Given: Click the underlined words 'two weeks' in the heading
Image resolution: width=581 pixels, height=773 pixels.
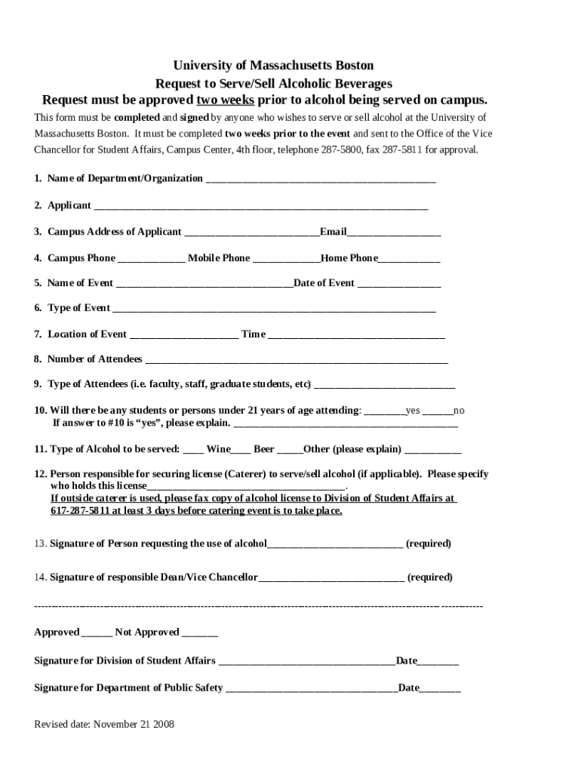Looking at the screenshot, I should coord(225,100).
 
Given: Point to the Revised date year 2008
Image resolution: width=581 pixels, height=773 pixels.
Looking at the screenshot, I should coord(164,725).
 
